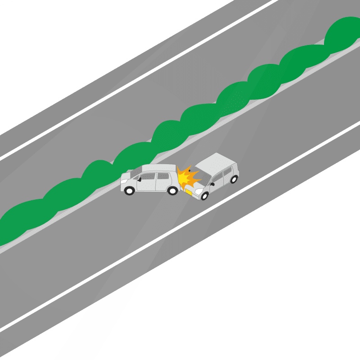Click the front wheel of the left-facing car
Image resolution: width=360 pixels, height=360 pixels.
point(130,190)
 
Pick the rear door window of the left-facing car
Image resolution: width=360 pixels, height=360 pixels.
point(162,176)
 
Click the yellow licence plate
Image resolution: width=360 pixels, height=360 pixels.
point(189,192)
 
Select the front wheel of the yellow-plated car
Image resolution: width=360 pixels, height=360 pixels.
point(205,196)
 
